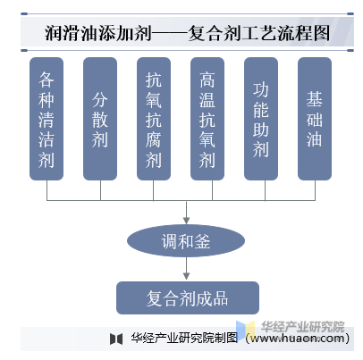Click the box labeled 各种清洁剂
[x=46, y=119]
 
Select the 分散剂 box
[x=100, y=119]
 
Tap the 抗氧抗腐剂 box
[x=154, y=119]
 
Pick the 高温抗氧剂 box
[x=207, y=119]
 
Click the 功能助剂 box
[x=261, y=119]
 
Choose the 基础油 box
[x=315, y=119]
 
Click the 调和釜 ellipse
[x=186, y=240]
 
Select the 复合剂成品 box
[x=188, y=297]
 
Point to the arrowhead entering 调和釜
[x=186, y=221]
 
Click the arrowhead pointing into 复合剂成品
[x=186, y=276]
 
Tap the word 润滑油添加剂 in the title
[x=98, y=33]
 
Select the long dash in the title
[x=170, y=33]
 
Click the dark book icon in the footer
[x=116, y=339]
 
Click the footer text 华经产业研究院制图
[x=184, y=338]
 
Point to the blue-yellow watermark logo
[x=246, y=330]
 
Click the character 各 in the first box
[x=46, y=80]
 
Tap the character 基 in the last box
[x=315, y=99]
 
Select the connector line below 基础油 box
[x=315, y=190]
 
